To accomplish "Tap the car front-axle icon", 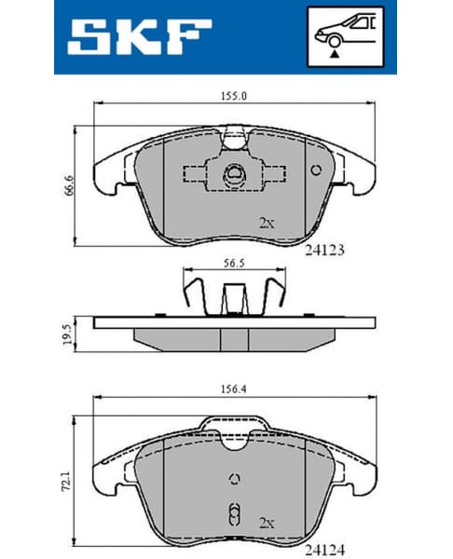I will pos(344,35).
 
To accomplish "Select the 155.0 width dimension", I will pos(221,94).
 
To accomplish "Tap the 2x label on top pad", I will pos(267,224).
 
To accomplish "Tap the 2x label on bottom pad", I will pos(268,523).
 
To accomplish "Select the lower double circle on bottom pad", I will pos(235,513).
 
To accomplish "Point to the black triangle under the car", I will pos(333,55).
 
